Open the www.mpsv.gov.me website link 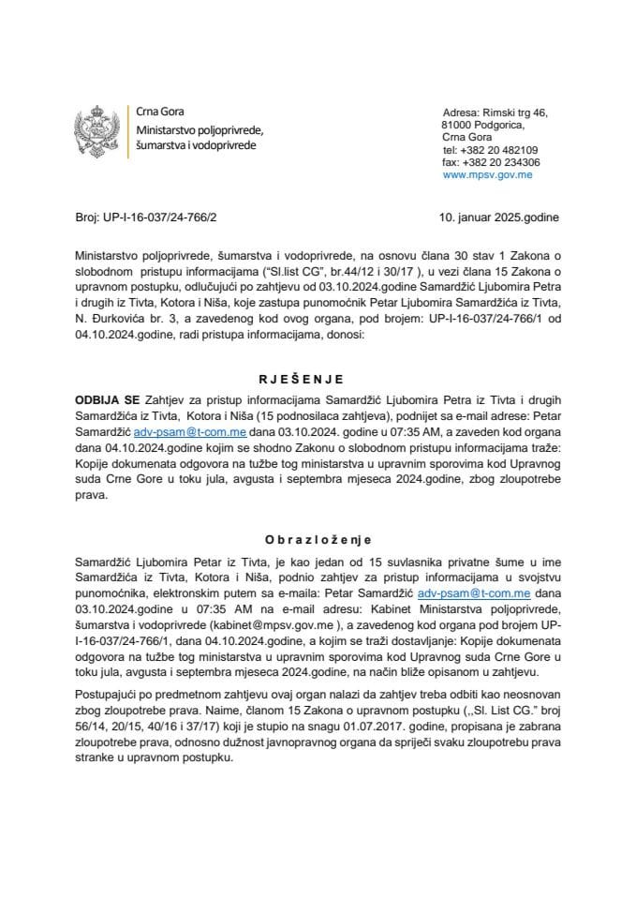487,174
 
